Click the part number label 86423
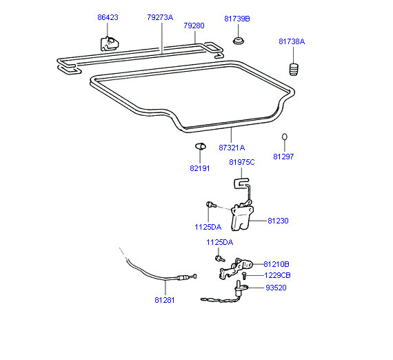tap(108, 17)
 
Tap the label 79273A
tap(160, 17)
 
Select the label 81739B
tap(237, 19)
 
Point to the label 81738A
tap(292, 41)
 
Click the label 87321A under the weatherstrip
tap(232, 148)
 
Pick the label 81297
tap(283, 157)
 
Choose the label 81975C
tap(242, 162)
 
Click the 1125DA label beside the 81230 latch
tap(208, 227)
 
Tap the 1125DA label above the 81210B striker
tap(220, 243)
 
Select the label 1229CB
tap(277, 275)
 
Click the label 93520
tap(276, 288)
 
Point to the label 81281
tap(165, 300)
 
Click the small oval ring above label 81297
tap(285, 137)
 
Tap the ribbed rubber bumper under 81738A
tap(294, 69)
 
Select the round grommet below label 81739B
tap(239, 41)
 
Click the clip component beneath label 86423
tap(110, 43)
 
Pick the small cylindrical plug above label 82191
tap(200, 146)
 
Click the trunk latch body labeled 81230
tap(241, 217)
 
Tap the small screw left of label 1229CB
tap(244, 275)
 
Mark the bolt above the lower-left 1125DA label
tap(211, 205)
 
